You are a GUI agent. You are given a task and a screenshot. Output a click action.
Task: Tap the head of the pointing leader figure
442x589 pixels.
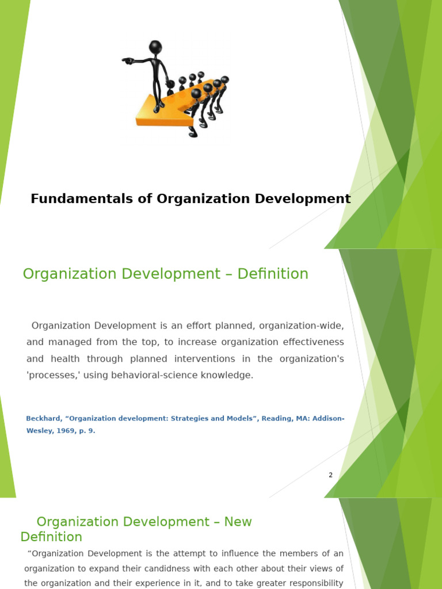click(x=155, y=47)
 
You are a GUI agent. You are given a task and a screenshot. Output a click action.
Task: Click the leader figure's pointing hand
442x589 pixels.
click(x=127, y=60)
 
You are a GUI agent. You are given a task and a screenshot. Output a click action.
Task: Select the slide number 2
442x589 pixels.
click(x=330, y=475)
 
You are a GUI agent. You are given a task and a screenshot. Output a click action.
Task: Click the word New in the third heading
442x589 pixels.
click(x=238, y=522)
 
